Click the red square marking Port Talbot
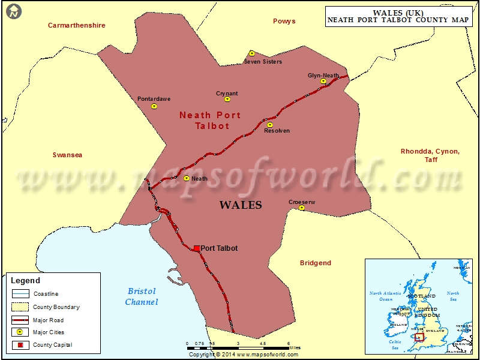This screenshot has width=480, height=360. point(197,248)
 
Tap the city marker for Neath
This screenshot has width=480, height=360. point(187,178)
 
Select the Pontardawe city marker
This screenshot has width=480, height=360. point(154,106)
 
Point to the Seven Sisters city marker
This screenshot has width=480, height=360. point(252,53)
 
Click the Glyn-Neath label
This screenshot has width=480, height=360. point(323,75)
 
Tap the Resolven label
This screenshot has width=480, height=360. point(277,131)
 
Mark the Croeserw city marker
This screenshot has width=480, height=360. point(302,208)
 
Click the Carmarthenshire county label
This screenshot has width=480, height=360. point(77,25)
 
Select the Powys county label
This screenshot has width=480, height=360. point(284,21)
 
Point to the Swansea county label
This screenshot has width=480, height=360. point(67,155)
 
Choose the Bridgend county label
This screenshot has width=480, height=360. point(316,263)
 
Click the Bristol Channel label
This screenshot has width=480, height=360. point(142,296)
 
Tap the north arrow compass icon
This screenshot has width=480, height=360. point(13,11)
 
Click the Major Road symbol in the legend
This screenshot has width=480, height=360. point(21,320)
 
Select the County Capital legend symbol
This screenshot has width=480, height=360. point(21,345)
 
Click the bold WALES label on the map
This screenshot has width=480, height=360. point(241,205)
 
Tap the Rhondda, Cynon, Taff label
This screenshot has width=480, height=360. point(430,155)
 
